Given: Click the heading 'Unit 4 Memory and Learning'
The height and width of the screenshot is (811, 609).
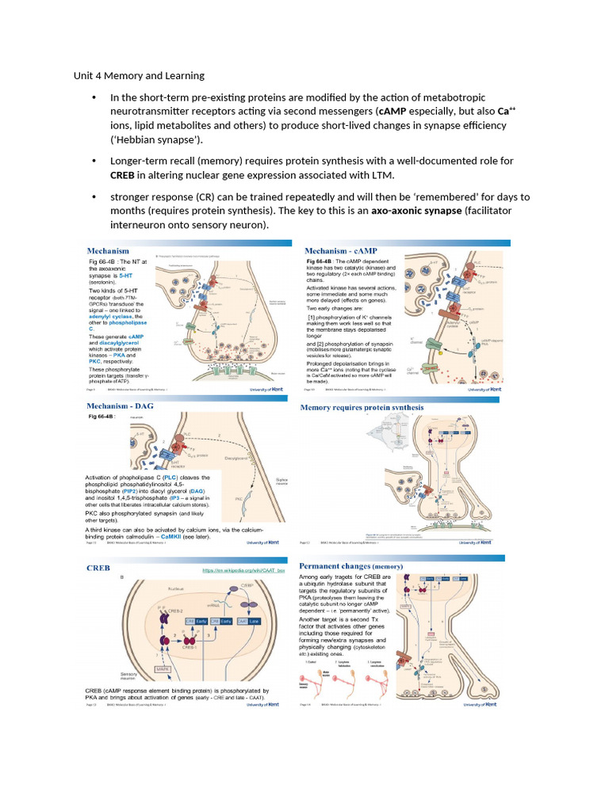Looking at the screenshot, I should click(139, 76).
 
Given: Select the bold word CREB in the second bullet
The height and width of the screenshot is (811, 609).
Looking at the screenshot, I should click(123, 175).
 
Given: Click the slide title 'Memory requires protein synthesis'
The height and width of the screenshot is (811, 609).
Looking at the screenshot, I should click(362, 408).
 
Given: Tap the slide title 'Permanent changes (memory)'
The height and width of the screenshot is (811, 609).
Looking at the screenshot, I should click(351, 566).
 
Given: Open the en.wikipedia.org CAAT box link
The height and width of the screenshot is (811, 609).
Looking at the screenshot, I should click(242, 570).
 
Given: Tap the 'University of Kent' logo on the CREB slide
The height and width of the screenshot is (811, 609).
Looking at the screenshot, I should click(263, 704).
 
